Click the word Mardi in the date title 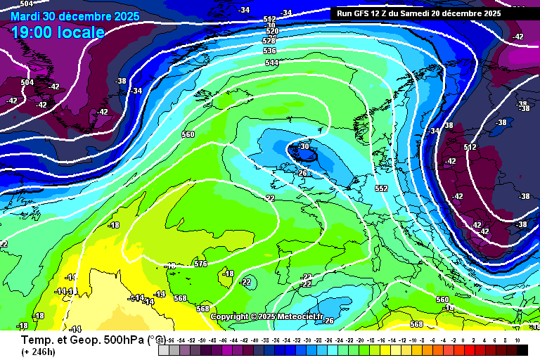[25, 15]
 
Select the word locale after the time [84, 32]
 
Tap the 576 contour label [201, 264]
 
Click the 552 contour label [381, 188]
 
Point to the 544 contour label [272, 63]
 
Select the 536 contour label [269, 51]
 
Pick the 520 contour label [271, 32]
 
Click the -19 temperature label [449, 307]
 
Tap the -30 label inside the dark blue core [304, 146]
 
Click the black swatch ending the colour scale [522, 349]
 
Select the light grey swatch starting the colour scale [163, 349]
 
